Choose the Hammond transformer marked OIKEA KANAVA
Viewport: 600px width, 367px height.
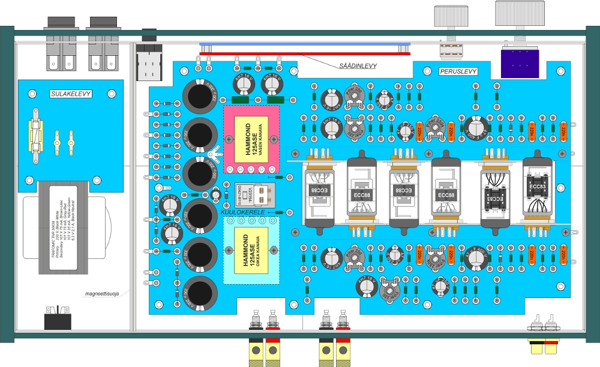(x=251, y=250)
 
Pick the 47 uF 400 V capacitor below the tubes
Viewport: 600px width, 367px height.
(x=477, y=259)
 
